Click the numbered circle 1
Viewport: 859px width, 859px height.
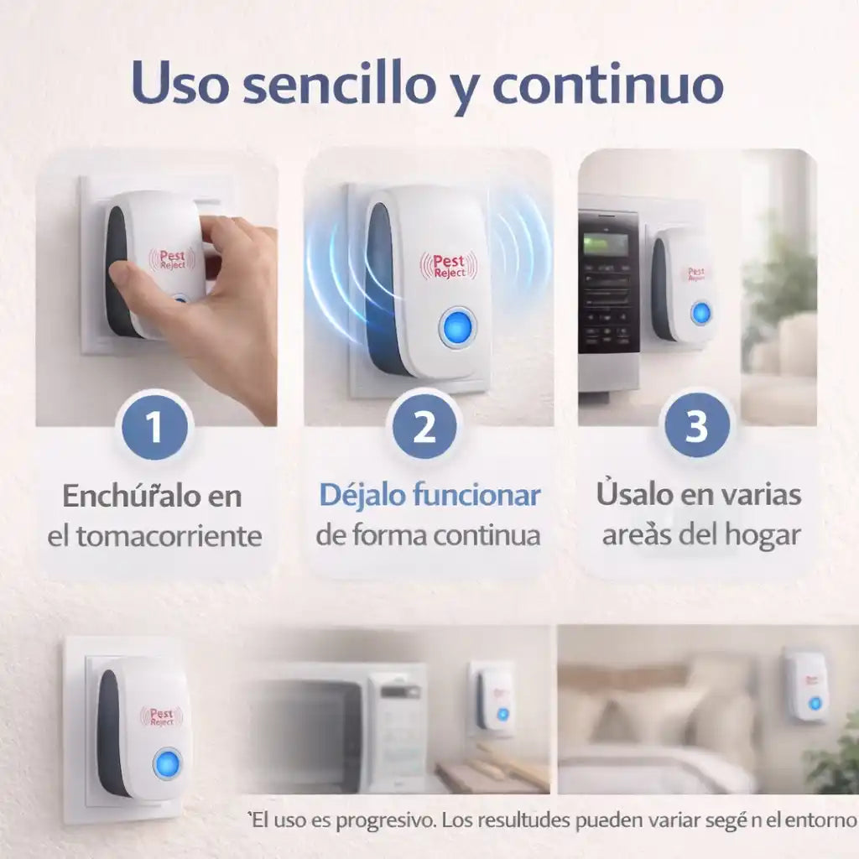[x=154, y=426]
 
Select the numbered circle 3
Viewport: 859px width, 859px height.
[x=697, y=424]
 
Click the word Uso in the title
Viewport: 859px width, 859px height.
[x=180, y=82]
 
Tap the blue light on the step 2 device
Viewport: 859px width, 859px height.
[x=457, y=328]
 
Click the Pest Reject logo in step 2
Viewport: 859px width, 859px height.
[x=449, y=266]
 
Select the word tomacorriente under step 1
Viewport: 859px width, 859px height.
[x=169, y=536]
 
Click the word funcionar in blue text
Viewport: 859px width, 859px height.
[x=476, y=495]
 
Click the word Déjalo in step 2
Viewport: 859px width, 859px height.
[x=362, y=495]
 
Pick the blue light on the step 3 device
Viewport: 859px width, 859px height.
[x=700, y=314]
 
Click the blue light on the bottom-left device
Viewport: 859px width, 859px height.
[x=167, y=763]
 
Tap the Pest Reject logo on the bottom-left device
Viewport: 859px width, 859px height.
[x=161, y=716]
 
